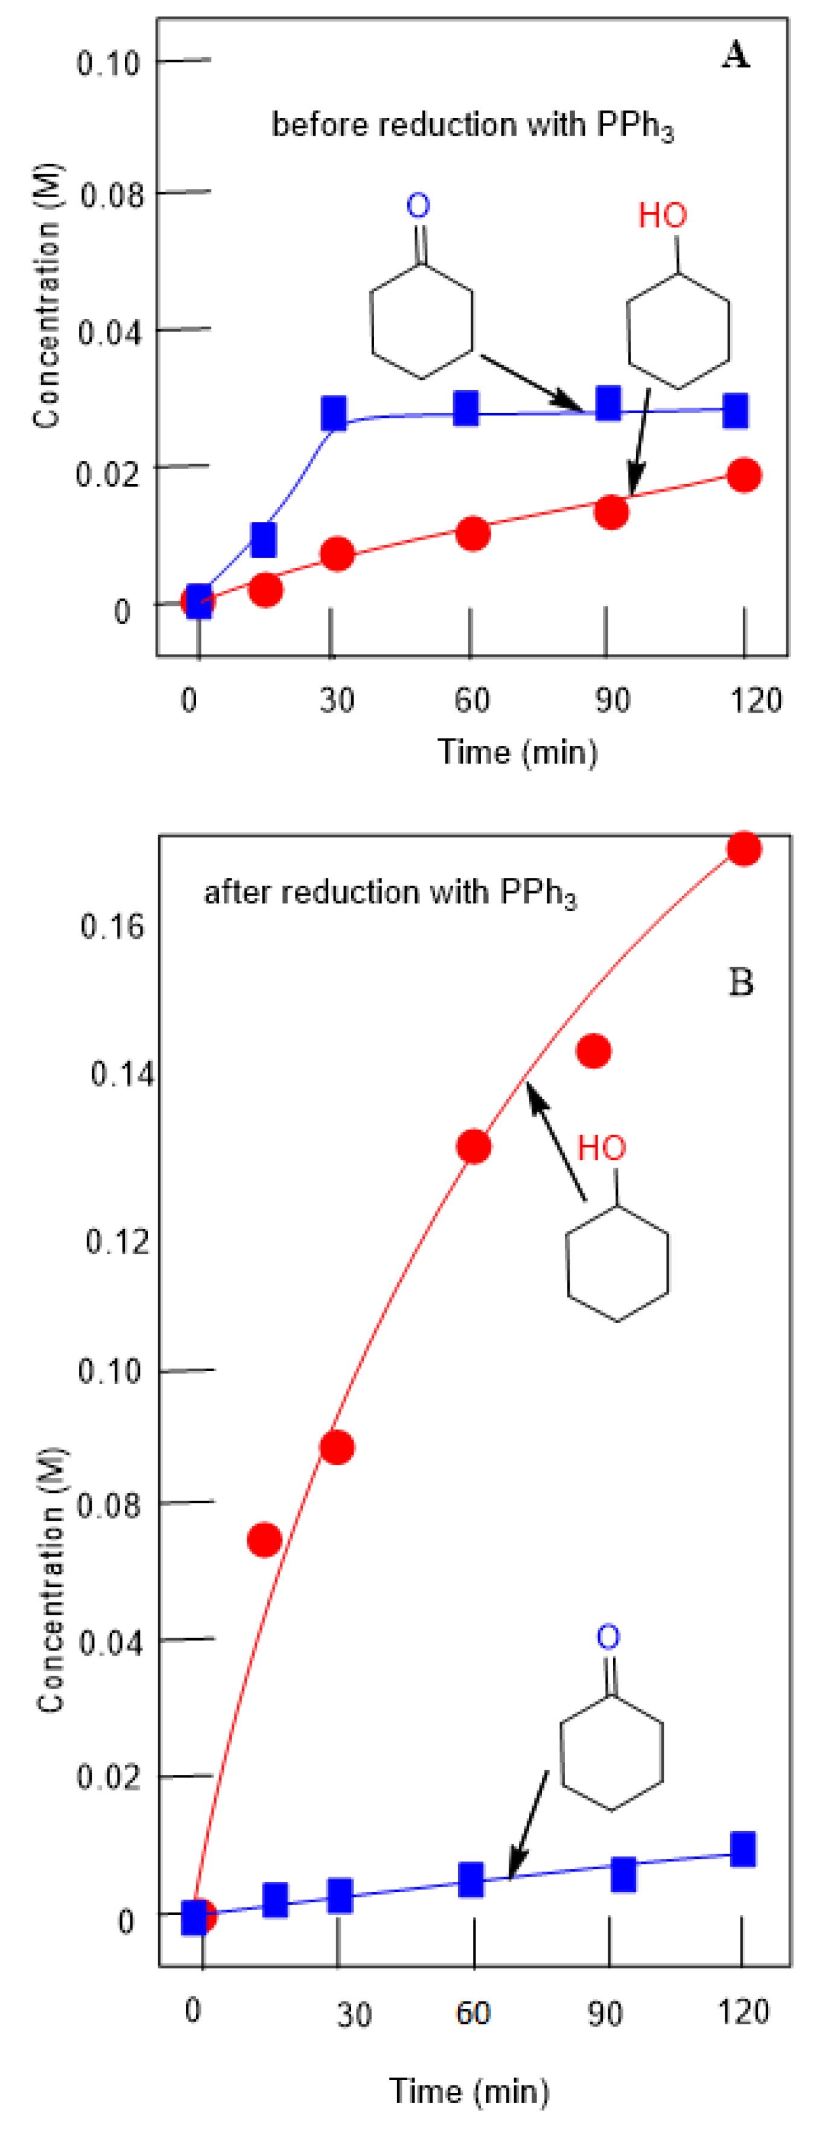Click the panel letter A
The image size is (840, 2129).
click(735, 55)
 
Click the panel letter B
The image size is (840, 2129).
click(740, 982)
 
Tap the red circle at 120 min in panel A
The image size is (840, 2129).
click(744, 475)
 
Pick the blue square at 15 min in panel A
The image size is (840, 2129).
click(264, 539)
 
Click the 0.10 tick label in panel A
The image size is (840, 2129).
click(108, 63)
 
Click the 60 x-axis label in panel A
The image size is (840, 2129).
click(471, 700)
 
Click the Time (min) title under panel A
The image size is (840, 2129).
click(518, 751)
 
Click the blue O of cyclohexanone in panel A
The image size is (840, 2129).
click(418, 205)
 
